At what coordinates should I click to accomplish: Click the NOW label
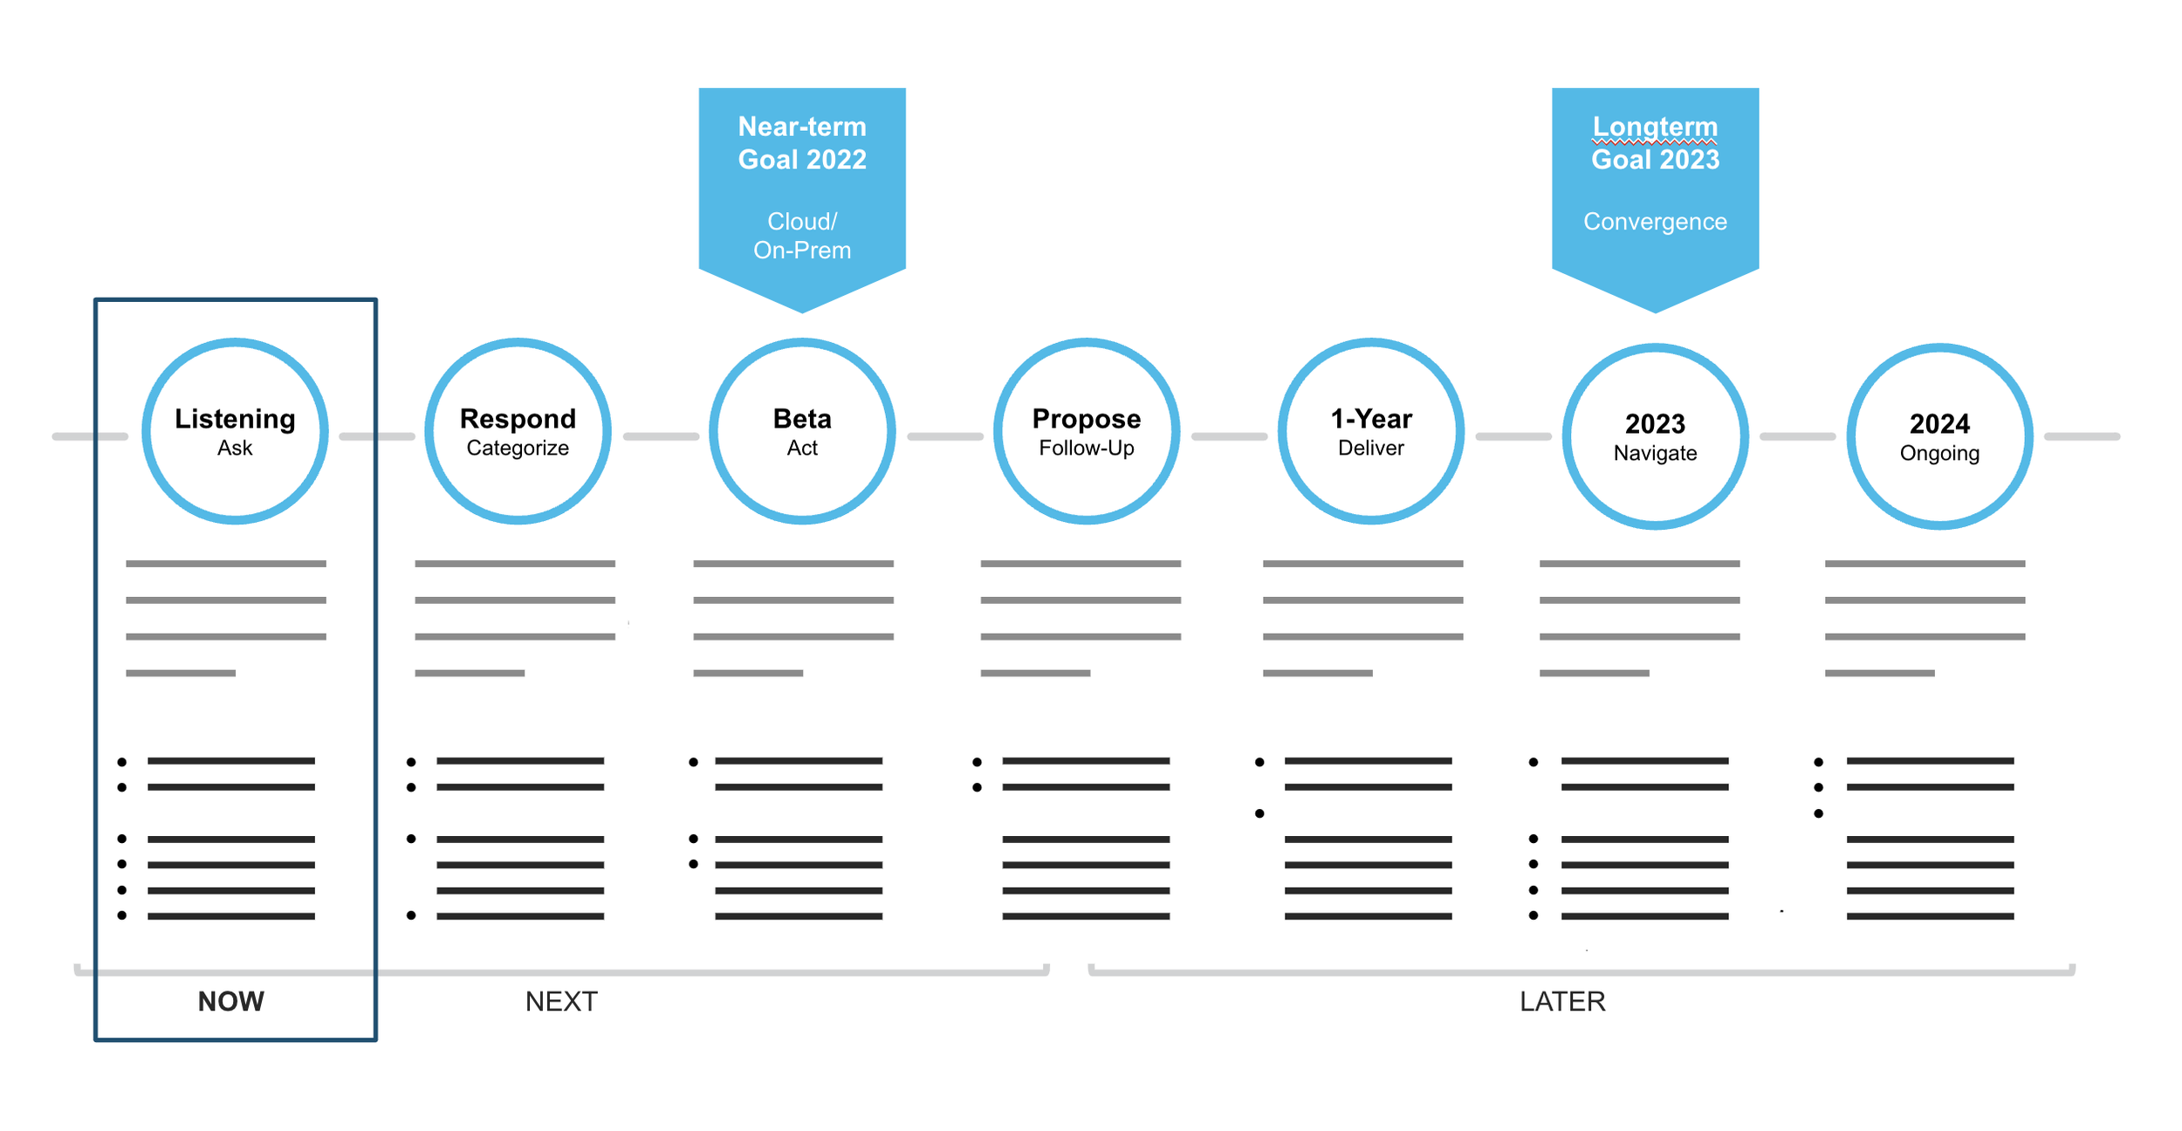pos(231,1001)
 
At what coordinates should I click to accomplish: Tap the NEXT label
pos(561,1001)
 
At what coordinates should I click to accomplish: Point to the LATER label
pos(1562,1001)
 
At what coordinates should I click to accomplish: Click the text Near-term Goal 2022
pos(802,143)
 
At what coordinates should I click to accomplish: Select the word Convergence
pos(1655,222)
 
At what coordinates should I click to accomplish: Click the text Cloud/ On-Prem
pos(802,236)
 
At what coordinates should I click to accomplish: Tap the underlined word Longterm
pos(1655,127)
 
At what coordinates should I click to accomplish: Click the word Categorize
pos(518,449)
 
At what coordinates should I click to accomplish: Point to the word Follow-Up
pos(1087,449)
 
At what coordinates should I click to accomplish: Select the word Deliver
pos(1371,449)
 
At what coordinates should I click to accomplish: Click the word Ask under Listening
pos(235,449)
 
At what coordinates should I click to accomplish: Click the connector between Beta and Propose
pos(945,436)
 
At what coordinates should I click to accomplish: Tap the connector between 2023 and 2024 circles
pos(1798,436)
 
